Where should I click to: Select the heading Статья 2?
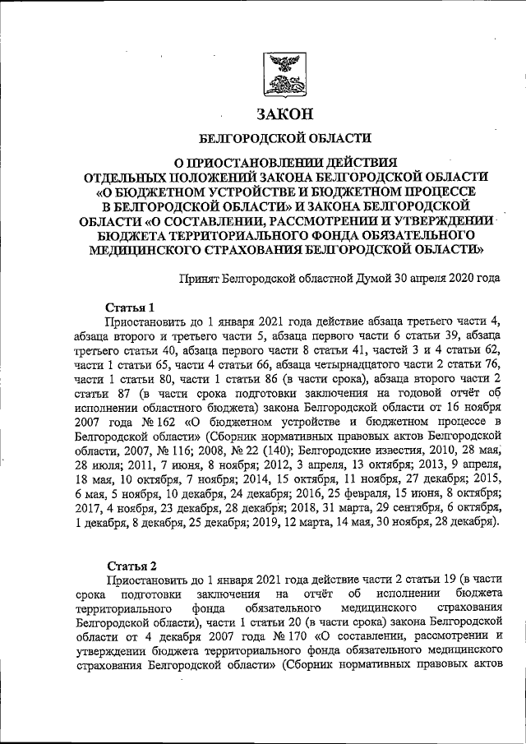132,565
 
